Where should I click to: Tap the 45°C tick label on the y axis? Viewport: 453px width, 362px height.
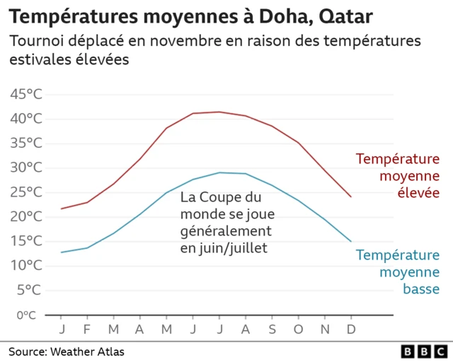click(x=26, y=94)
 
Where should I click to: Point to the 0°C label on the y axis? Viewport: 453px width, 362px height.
click(x=26, y=315)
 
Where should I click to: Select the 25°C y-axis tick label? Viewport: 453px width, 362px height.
click(x=26, y=192)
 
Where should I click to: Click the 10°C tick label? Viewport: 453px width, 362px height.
click(x=26, y=266)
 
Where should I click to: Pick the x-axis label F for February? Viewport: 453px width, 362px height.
click(x=88, y=329)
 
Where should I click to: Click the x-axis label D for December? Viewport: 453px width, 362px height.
click(x=350, y=329)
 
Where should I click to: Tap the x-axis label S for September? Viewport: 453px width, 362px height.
click(x=272, y=329)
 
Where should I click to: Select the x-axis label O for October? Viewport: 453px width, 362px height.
click(x=298, y=329)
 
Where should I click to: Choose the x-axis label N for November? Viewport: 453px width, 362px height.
click(x=324, y=329)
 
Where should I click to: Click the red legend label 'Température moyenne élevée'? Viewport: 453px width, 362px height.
click(x=397, y=175)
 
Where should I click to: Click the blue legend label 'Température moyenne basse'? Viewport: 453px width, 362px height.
click(x=397, y=271)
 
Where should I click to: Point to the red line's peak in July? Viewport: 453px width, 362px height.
click(x=219, y=112)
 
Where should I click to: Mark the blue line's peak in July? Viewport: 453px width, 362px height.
click(x=219, y=173)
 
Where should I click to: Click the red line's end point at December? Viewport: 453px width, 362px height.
click(x=350, y=197)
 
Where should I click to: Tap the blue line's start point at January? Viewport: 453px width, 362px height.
click(x=62, y=252)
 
